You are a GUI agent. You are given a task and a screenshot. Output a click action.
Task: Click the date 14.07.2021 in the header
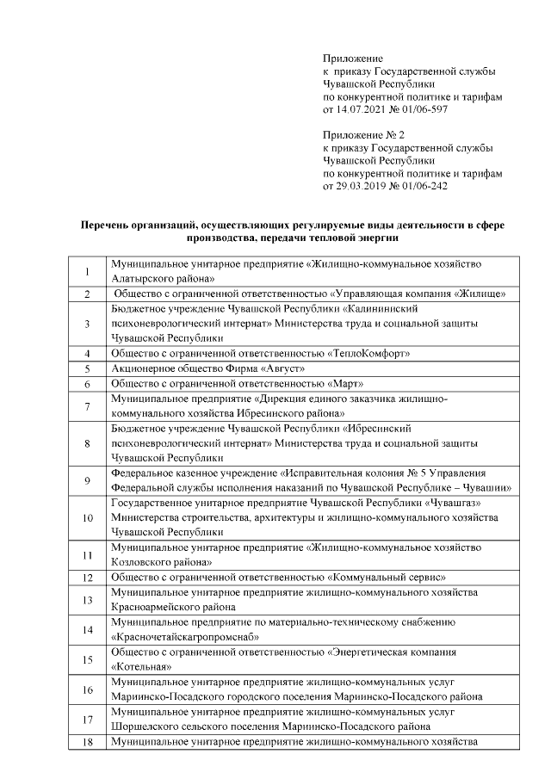pyautogui.click(x=362, y=111)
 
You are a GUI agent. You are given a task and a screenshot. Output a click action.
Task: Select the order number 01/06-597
pyautogui.click(x=421, y=111)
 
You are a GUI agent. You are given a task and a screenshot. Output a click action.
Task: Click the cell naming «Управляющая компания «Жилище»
pyautogui.click(x=310, y=294)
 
